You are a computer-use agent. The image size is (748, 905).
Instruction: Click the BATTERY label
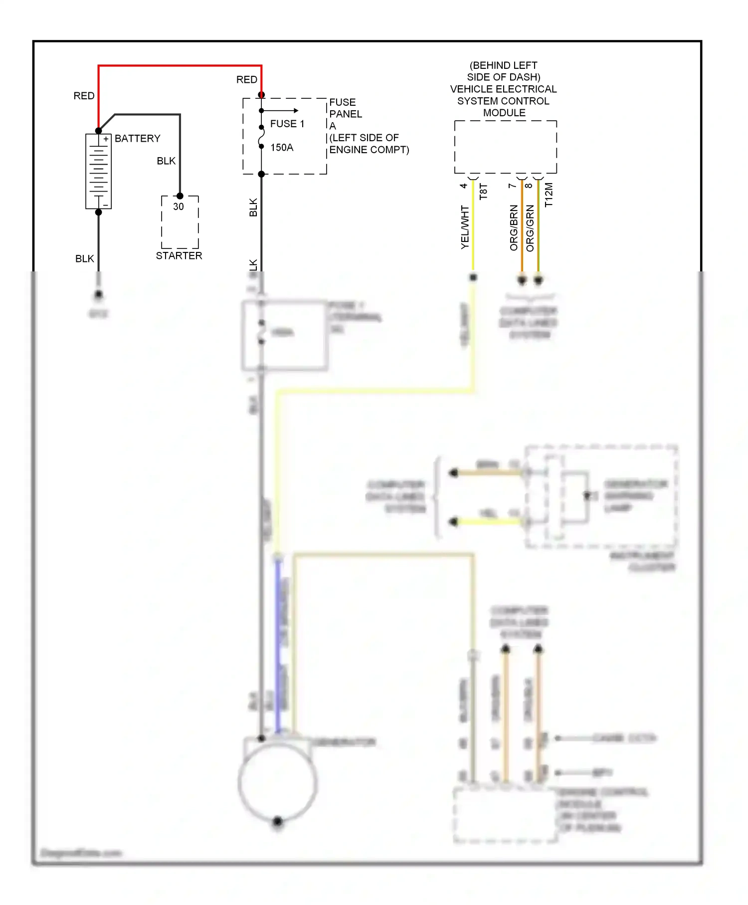pos(138,138)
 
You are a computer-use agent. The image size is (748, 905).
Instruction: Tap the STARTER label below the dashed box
pos(179,255)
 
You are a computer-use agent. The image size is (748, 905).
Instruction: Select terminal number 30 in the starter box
pos(179,207)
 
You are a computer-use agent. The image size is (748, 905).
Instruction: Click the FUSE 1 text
pos(287,124)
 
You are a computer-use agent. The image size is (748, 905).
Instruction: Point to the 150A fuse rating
pos(282,148)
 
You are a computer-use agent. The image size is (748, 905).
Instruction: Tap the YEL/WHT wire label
pos(465,227)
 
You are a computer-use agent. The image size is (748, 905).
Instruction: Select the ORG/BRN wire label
pos(514,227)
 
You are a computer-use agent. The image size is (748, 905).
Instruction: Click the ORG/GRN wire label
pos(530,228)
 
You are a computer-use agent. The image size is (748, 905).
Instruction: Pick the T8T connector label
pos(483,192)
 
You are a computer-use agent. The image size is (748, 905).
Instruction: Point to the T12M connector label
pos(549,195)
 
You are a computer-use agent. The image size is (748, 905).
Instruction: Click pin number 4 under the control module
pos(463,186)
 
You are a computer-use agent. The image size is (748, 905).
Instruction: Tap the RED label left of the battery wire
pos(84,96)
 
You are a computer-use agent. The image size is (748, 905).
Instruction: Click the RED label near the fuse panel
pos(247,80)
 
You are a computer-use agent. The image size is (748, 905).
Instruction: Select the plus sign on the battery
pos(106,139)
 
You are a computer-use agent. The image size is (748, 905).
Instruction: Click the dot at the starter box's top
pos(180,196)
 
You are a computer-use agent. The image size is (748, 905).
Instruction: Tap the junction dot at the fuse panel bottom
pos(261,174)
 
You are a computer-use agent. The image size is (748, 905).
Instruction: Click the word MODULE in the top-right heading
pos(504,113)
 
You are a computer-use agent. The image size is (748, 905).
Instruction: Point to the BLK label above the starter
pos(166,161)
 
